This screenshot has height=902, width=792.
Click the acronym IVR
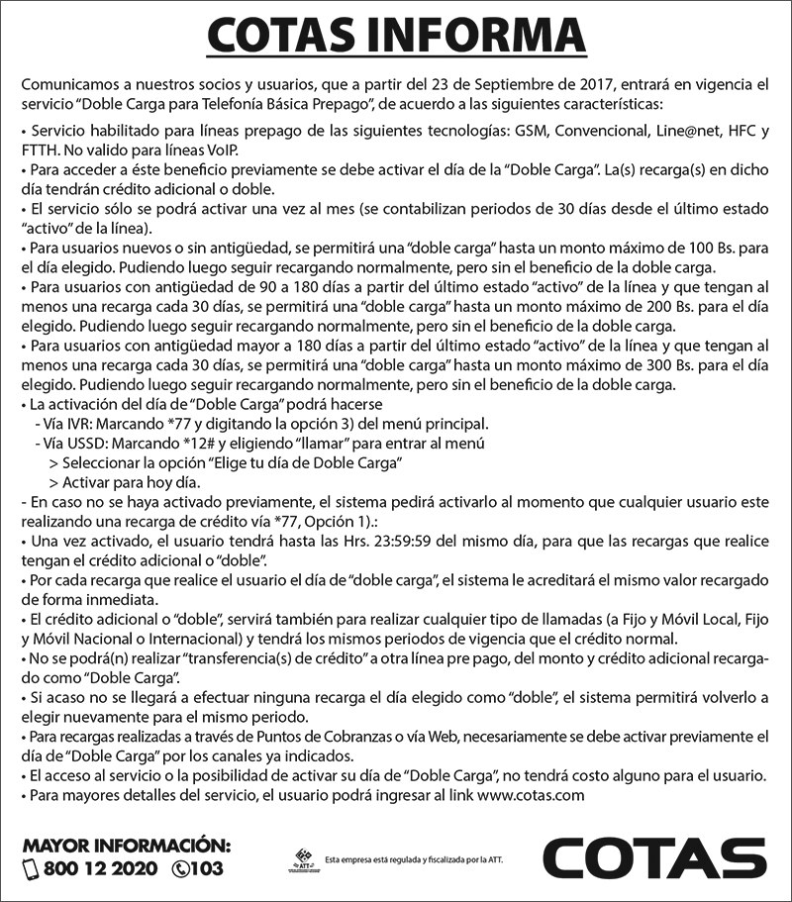tap(75, 424)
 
